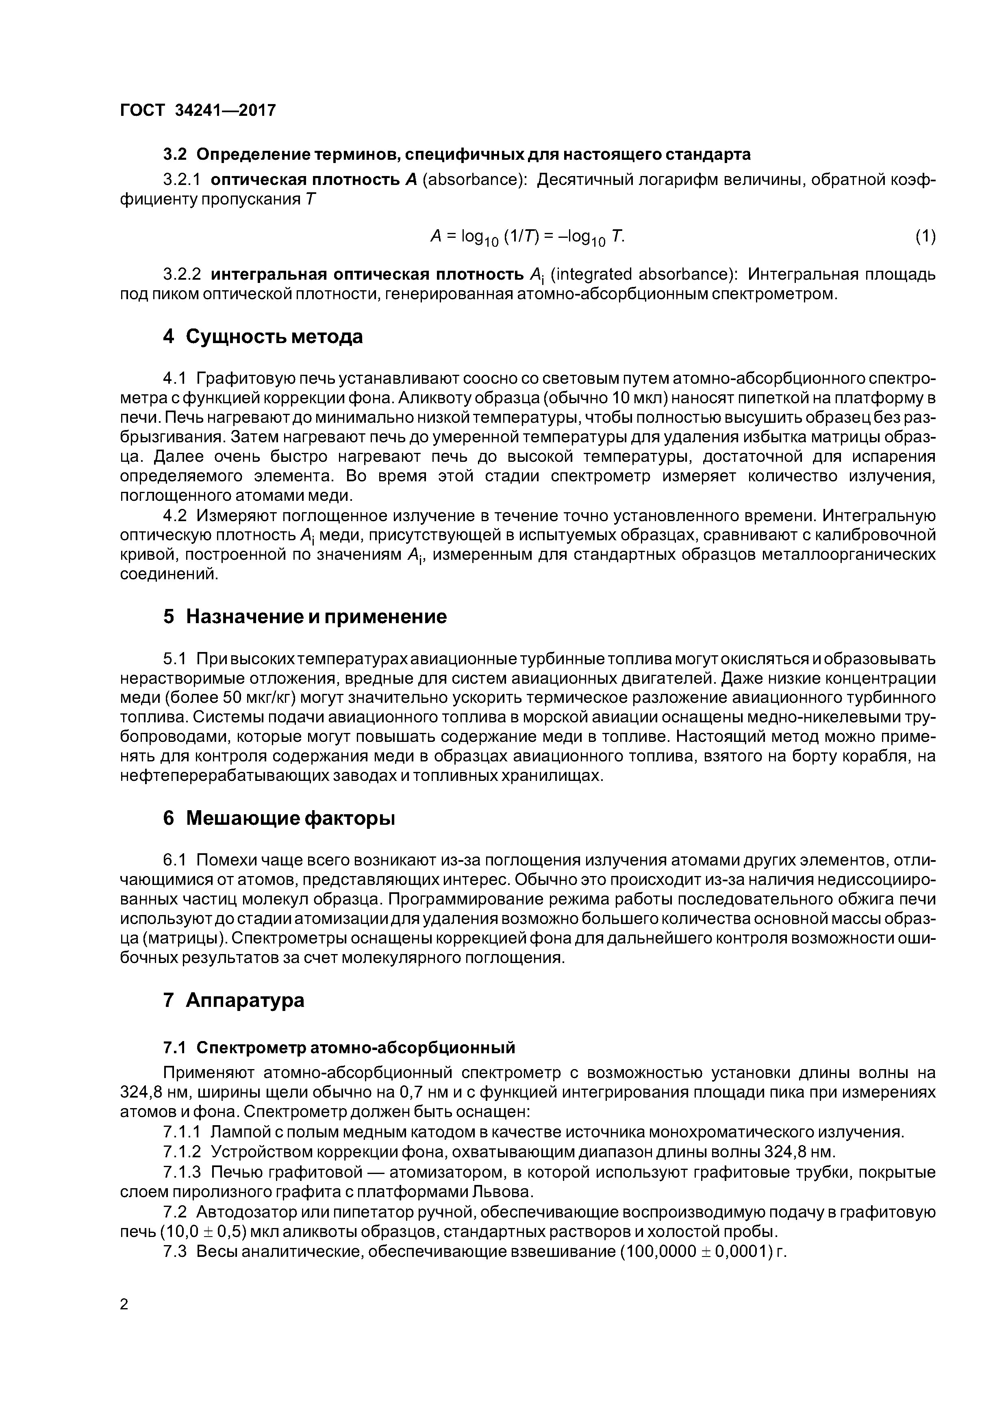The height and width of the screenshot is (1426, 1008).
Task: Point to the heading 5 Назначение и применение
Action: (x=304, y=617)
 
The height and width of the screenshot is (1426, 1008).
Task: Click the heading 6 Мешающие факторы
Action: (x=279, y=819)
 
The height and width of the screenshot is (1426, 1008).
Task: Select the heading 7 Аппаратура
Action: (x=234, y=1000)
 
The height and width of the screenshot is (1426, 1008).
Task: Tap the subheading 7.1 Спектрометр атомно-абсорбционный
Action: (x=339, y=1048)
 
